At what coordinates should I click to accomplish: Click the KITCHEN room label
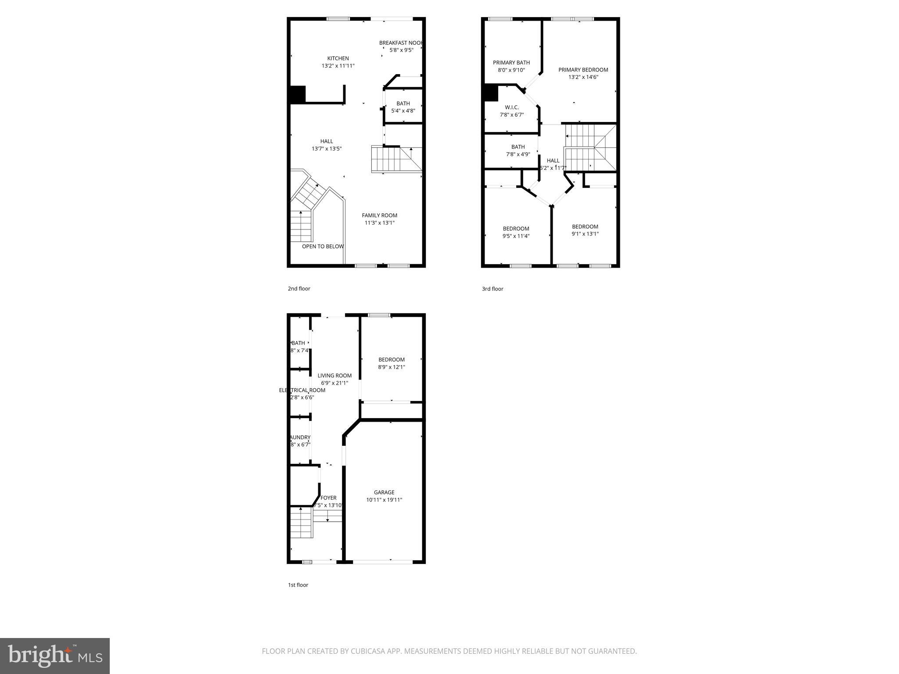tap(338, 58)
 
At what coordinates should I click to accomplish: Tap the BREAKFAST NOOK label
tap(400, 43)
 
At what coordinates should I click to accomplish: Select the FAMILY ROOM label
tap(379, 215)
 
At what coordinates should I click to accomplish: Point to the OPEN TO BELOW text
tap(323, 247)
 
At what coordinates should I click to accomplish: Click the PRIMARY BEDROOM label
tap(583, 70)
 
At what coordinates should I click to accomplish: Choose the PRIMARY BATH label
tap(511, 63)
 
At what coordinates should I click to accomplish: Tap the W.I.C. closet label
tap(511, 108)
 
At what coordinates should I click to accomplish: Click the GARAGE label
tap(384, 492)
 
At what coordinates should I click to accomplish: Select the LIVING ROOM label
tap(334, 376)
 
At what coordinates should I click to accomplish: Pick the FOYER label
tap(328, 498)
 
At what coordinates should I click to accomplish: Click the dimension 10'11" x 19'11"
tap(384, 500)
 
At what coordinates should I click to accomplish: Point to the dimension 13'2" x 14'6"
tap(583, 77)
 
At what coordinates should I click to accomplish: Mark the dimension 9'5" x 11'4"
tap(516, 236)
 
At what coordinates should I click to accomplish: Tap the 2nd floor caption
tap(299, 289)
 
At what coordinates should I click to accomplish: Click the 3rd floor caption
tap(493, 289)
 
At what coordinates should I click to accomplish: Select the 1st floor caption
tap(298, 585)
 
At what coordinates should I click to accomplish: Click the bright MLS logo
tap(55, 656)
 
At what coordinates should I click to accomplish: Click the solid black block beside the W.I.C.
tap(490, 93)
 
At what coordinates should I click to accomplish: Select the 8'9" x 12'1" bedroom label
tap(391, 367)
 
